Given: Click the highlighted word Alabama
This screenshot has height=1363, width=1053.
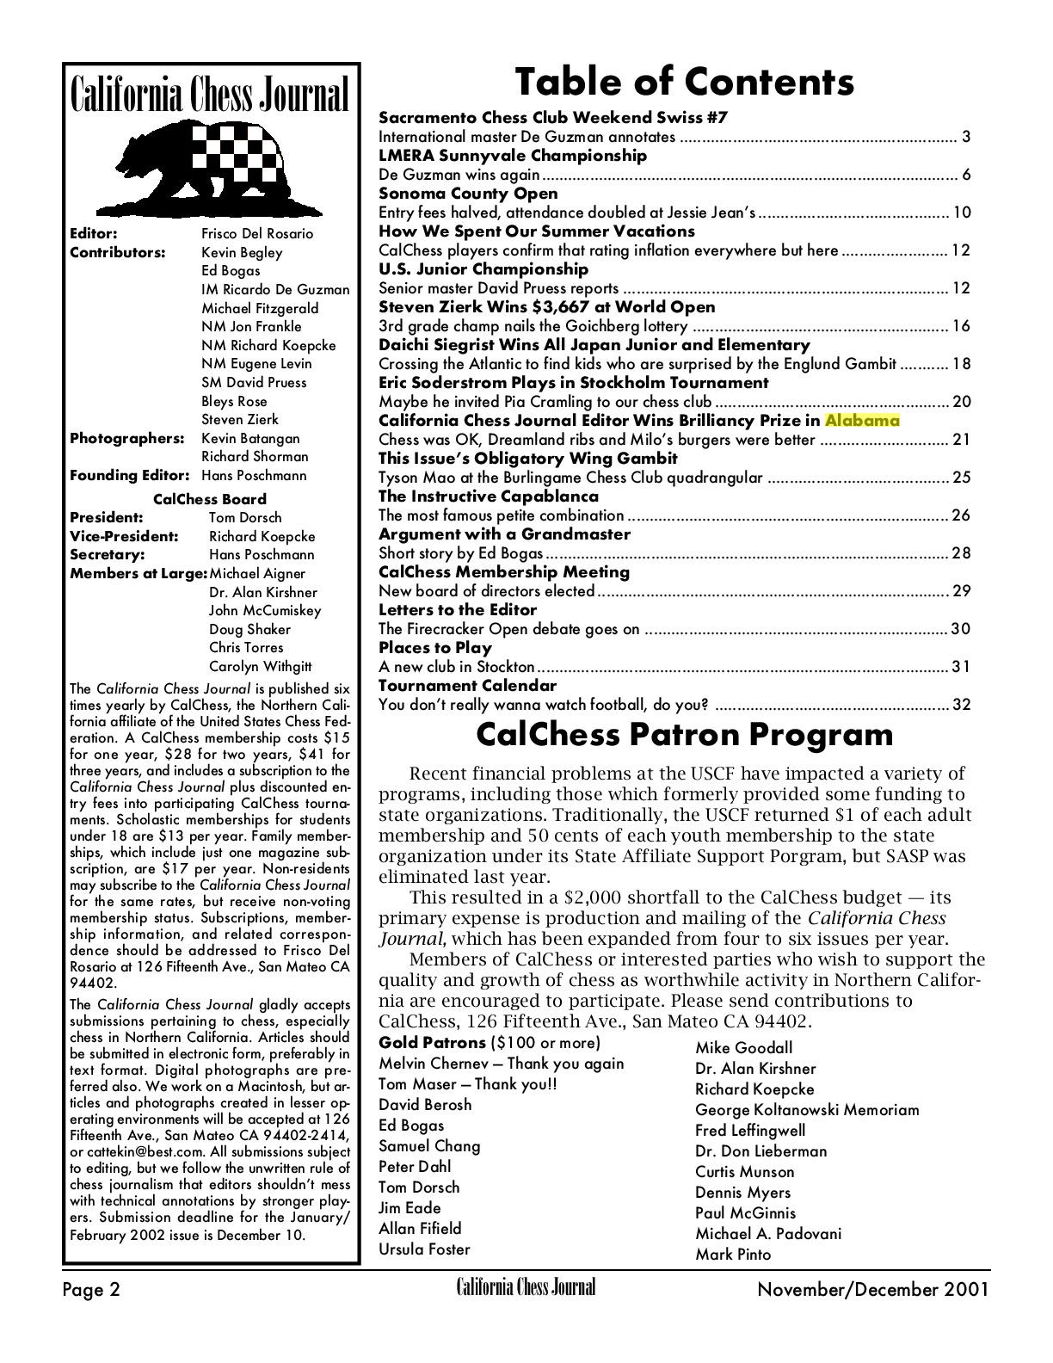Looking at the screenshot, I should click(861, 421).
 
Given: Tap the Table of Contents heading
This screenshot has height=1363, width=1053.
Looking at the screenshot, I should click(684, 83).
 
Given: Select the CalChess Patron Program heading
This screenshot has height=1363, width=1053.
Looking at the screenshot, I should click(684, 735).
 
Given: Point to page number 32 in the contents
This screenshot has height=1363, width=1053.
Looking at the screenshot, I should click(961, 705).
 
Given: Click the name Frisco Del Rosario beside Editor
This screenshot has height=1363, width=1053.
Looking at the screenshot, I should click(257, 234).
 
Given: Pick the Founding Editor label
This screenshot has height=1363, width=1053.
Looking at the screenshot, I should click(129, 476).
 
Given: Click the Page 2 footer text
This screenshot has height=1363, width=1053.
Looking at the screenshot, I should click(91, 1290).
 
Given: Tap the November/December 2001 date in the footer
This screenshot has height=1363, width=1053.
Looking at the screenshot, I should click(872, 1290).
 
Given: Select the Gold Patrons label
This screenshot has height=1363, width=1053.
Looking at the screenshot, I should click(432, 1044).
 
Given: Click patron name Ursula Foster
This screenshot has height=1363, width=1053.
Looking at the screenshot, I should click(424, 1249).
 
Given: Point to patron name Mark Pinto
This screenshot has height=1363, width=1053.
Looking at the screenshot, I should click(733, 1255).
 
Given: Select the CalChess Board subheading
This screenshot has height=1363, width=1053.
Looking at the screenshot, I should click(210, 499).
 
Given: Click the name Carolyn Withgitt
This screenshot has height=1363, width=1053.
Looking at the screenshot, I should click(260, 667).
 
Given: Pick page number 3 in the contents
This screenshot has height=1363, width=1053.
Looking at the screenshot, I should click(966, 137).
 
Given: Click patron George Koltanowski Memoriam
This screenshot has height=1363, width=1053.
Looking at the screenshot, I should click(807, 1110).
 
